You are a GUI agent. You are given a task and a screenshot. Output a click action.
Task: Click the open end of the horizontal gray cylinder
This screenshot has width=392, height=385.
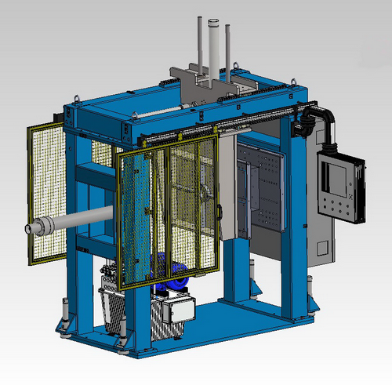[x=30, y=229]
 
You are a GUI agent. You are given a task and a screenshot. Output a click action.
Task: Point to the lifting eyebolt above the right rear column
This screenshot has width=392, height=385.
[x=295, y=79]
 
